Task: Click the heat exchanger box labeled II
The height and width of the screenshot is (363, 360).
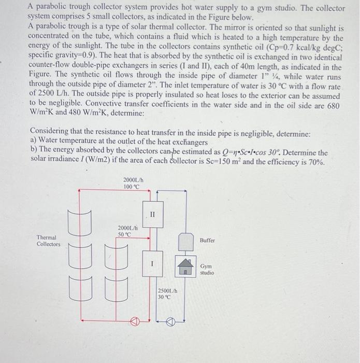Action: coord(152,214)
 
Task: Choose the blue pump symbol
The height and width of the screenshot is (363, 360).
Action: coord(171,322)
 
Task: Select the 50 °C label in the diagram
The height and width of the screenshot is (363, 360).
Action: coord(125,234)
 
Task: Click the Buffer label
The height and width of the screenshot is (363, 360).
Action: coord(207,241)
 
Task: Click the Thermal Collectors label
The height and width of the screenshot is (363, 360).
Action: coord(48,241)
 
